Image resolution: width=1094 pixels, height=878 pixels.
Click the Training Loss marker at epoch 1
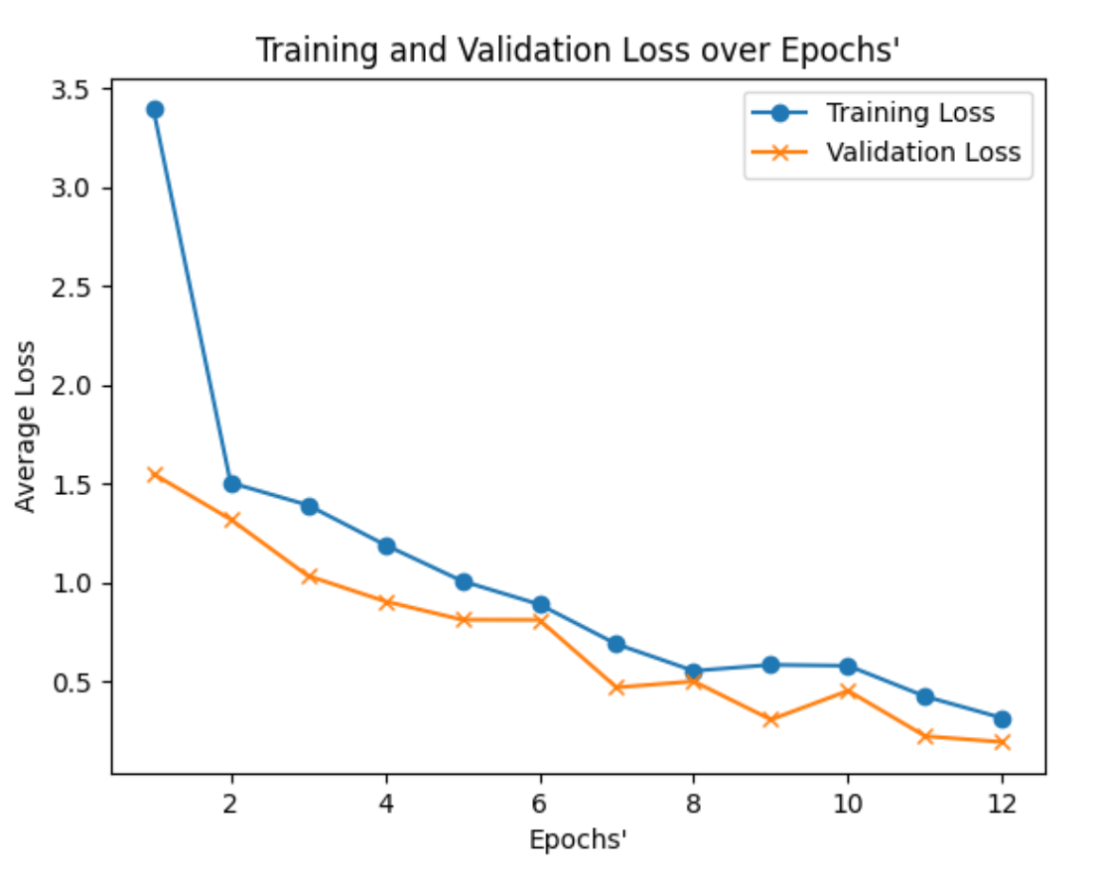click(x=155, y=109)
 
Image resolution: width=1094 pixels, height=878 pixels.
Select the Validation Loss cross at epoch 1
click(x=155, y=474)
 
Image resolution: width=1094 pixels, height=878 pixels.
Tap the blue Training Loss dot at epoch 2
click(x=232, y=484)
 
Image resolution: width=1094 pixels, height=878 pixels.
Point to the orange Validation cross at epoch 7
click(x=616, y=687)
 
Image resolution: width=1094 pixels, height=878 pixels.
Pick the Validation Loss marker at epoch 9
click(x=770, y=719)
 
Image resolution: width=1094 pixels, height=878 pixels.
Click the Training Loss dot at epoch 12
click(x=1002, y=719)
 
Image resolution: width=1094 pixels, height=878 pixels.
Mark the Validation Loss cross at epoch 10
click(x=848, y=690)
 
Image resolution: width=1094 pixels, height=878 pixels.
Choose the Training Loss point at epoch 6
click(x=540, y=604)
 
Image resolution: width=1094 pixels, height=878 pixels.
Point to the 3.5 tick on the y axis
click(x=80, y=90)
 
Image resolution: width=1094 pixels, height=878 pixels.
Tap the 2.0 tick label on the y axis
click(x=80, y=386)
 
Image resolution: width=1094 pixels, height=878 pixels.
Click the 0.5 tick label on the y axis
click(x=80, y=683)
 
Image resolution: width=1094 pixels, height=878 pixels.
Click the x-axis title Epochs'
click(x=578, y=840)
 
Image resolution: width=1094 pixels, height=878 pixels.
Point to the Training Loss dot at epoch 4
click(x=386, y=546)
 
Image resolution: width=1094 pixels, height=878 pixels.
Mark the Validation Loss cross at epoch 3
click(x=309, y=576)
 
